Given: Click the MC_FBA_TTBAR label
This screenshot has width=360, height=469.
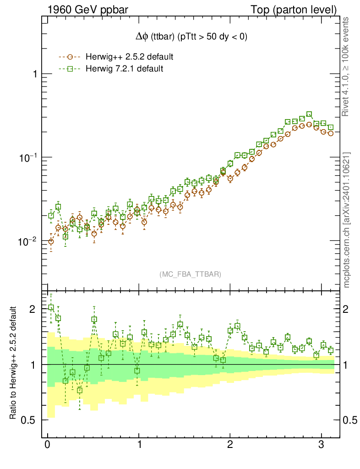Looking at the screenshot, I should [x=191, y=274].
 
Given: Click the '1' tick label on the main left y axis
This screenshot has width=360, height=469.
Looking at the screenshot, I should [x=35, y=74].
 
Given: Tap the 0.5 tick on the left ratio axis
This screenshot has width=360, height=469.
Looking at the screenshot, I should [x=30, y=420].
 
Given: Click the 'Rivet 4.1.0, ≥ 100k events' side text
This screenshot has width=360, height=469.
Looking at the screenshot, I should [x=347, y=66].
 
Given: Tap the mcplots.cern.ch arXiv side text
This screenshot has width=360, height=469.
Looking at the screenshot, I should [x=347, y=220].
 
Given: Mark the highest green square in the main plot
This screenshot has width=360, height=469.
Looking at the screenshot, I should [x=309, y=115].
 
